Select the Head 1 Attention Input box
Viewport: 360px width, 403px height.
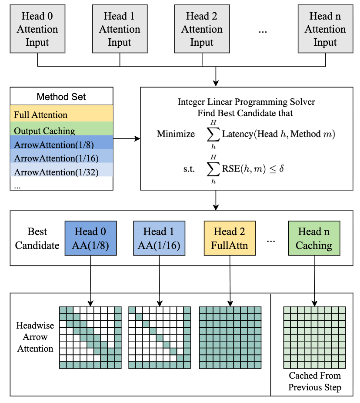(120, 30)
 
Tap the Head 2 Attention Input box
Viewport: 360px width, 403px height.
(202, 30)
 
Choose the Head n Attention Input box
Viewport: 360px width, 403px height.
(325, 30)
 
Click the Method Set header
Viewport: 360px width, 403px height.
(61, 97)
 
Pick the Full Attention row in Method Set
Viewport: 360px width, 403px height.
(61, 115)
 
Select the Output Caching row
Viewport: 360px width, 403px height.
(61, 131)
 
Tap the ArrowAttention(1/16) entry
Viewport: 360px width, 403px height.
(61, 158)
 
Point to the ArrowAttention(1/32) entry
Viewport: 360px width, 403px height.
(61, 172)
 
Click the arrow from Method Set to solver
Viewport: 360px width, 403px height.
(127, 139)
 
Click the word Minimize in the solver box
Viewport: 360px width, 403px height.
(176, 134)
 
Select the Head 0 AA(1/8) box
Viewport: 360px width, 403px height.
(90, 238)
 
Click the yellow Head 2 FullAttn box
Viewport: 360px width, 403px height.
(230, 238)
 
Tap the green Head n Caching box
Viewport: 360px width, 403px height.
(314, 238)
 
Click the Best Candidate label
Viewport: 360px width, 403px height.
(37, 238)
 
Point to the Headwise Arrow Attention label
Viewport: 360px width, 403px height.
(35, 337)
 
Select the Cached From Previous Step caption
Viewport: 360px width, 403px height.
(315, 381)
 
